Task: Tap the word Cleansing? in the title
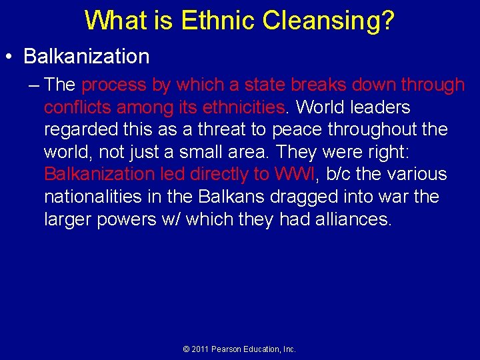(329, 20)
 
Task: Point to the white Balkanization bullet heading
(87, 57)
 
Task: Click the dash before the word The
(35, 85)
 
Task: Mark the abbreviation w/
(170, 219)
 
